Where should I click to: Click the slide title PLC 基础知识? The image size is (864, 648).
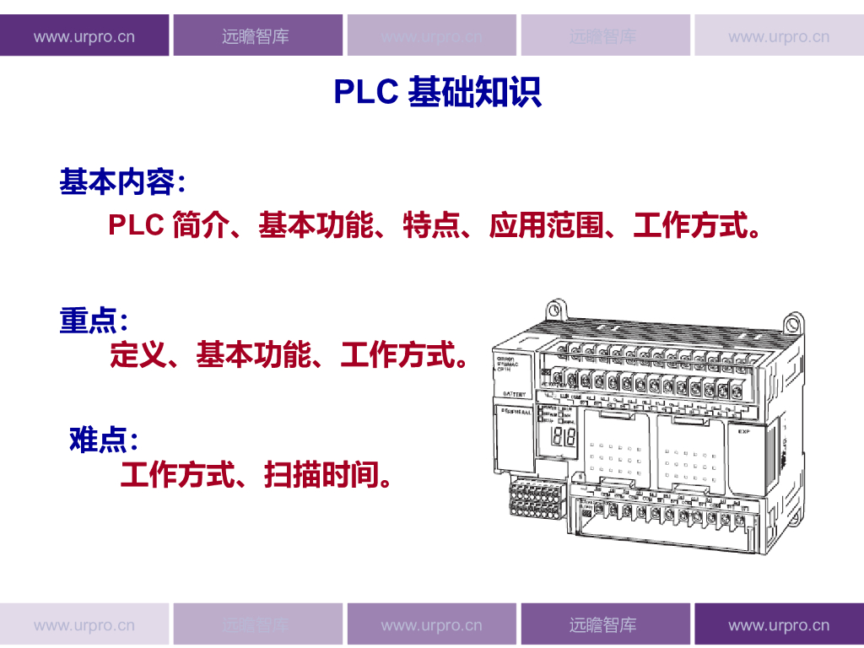[437, 92]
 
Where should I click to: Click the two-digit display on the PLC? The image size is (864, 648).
[562, 437]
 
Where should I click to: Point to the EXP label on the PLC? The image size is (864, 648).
[743, 432]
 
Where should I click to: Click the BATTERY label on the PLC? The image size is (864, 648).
[514, 394]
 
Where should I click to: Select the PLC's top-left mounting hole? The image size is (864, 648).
[553, 305]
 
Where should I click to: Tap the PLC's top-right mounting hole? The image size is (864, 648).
[793, 322]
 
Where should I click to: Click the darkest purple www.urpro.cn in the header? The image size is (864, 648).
[84, 37]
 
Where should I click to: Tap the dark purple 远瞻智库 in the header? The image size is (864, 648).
[256, 37]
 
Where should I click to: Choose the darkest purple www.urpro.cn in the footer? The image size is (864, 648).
[779, 626]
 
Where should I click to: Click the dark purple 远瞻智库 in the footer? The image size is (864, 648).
[603, 626]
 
